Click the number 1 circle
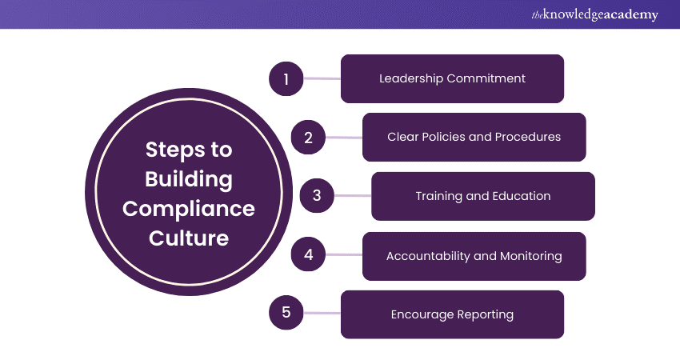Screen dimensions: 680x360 (286, 79)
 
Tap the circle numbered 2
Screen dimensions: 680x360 (308, 138)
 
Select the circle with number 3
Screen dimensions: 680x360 (317, 196)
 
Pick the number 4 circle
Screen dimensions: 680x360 (308, 254)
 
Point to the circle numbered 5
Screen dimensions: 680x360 (286, 312)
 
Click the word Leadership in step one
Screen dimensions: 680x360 (411, 79)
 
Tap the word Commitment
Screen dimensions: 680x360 (486, 78)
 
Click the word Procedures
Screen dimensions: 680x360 (528, 137)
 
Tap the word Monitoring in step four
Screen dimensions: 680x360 (531, 256)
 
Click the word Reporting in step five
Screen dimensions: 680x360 (486, 315)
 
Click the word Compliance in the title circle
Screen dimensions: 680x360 (189, 210)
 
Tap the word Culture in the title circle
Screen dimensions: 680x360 (189, 238)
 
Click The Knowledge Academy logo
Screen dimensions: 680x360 (594, 14)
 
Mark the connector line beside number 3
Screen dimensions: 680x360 (353, 196)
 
